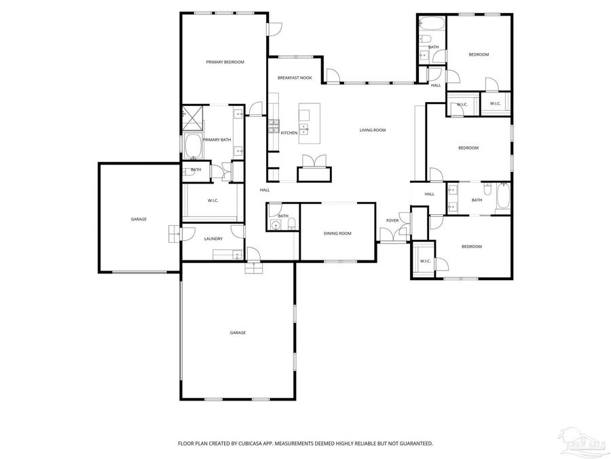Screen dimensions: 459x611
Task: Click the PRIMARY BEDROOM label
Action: pos(225,62)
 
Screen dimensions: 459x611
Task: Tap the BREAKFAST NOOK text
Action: pos(295,78)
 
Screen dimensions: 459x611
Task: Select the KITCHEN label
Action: pos(289,133)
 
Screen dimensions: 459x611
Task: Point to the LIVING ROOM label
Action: pos(373,130)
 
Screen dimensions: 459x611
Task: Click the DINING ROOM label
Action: pos(337,233)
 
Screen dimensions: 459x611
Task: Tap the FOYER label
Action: pos(392,220)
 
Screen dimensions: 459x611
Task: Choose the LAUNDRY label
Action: pos(213,239)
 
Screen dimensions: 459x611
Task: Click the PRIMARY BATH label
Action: pos(217,140)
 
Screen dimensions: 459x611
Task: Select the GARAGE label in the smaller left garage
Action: pos(138,219)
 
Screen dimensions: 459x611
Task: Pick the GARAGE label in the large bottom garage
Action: pos(237,333)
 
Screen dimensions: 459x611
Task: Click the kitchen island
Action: pos(309,123)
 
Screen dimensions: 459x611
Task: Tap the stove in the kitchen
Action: pos(274,126)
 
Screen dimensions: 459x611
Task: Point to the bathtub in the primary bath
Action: pos(192,146)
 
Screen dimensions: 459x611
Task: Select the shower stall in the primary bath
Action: pos(193,118)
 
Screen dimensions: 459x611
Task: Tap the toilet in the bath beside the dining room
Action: pos(290,224)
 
